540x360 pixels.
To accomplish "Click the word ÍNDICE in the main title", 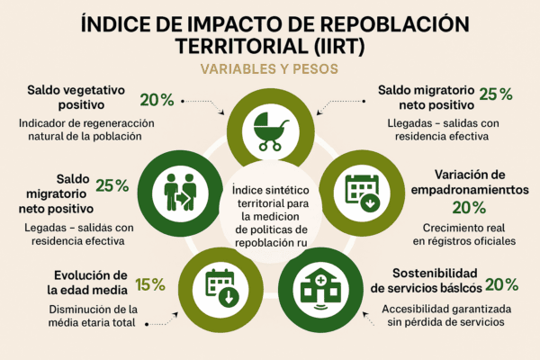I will coord(123,23).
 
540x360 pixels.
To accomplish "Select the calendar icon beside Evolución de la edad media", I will coord(219,287).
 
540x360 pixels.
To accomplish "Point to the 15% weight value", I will coord(150,285).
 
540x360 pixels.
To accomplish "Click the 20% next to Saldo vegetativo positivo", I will coord(156,100).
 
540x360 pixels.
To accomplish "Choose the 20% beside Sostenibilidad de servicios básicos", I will coord(501,285).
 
